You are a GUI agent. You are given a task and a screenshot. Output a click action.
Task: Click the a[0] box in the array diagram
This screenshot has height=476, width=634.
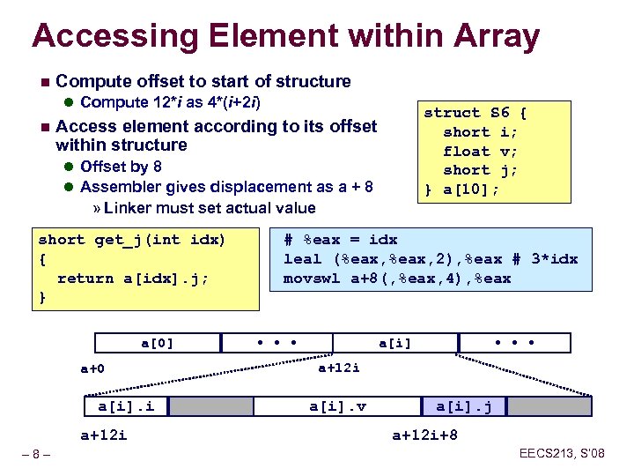(158, 343)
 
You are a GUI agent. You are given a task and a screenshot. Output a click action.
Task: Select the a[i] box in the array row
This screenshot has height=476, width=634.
(394, 343)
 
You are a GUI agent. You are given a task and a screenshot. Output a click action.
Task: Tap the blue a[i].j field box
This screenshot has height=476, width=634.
(470, 406)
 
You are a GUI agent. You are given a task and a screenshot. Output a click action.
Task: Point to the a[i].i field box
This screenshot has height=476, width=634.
(127, 406)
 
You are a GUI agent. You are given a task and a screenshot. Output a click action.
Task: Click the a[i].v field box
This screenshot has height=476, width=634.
(338, 406)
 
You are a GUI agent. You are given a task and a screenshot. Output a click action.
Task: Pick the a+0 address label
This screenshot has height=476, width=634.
(92, 368)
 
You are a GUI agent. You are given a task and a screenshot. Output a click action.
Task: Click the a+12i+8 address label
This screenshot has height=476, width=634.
(424, 435)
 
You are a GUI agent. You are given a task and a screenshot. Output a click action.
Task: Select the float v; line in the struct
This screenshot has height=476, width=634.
(480, 151)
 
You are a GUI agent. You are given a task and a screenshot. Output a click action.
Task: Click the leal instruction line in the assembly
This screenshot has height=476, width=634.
(430, 258)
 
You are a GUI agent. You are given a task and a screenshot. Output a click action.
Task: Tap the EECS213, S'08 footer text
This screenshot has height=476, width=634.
(563, 454)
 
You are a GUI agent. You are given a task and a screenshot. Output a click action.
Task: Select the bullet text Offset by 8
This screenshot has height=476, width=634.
(121, 166)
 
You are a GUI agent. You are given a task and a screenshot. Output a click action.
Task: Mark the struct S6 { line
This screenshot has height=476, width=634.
(475, 112)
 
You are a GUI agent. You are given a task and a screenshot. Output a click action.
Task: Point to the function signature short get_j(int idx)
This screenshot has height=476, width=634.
(132, 239)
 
